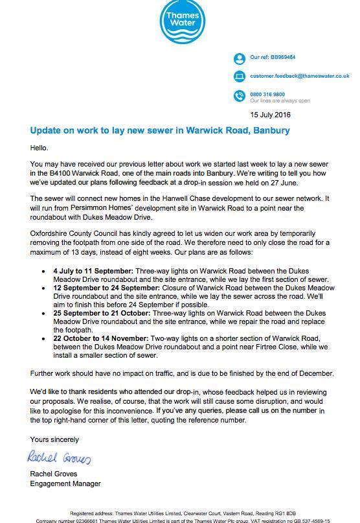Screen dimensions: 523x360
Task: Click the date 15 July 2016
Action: (x=271, y=115)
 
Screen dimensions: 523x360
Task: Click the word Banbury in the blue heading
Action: (x=267, y=131)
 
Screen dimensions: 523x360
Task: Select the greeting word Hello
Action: (x=41, y=148)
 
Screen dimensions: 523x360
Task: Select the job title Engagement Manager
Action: (x=65, y=483)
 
